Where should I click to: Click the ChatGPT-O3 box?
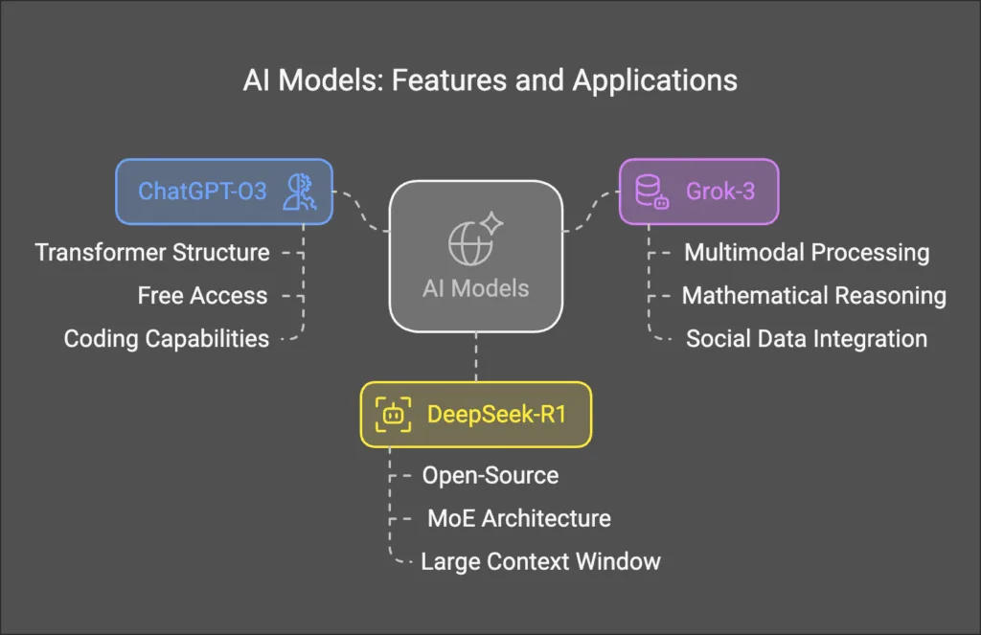click(x=224, y=192)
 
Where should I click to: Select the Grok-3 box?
click(x=698, y=192)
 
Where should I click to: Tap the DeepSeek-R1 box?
click(x=476, y=414)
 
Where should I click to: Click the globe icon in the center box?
click(x=469, y=244)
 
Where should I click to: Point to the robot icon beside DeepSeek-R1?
click(x=393, y=414)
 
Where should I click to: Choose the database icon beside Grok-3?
click(x=651, y=192)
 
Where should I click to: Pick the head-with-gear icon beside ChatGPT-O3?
click(x=300, y=192)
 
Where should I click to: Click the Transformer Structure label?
click(x=152, y=253)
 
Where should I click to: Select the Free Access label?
click(x=203, y=296)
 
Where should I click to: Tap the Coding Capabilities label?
click(x=167, y=339)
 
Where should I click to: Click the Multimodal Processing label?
click(x=807, y=253)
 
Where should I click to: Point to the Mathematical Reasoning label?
click(x=814, y=296)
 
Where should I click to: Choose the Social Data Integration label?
click(x=807, y=339)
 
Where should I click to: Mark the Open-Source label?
click(x=490, y=475)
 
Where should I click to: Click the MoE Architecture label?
click(x=519, y=519)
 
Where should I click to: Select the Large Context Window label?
click(x=540, y=562)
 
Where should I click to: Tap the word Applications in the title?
click(x=655, y=80)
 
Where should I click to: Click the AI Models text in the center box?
click(x=475, y=288)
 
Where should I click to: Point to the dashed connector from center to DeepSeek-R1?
click(x=476, y=356)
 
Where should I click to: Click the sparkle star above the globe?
click(x=491, y=223)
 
